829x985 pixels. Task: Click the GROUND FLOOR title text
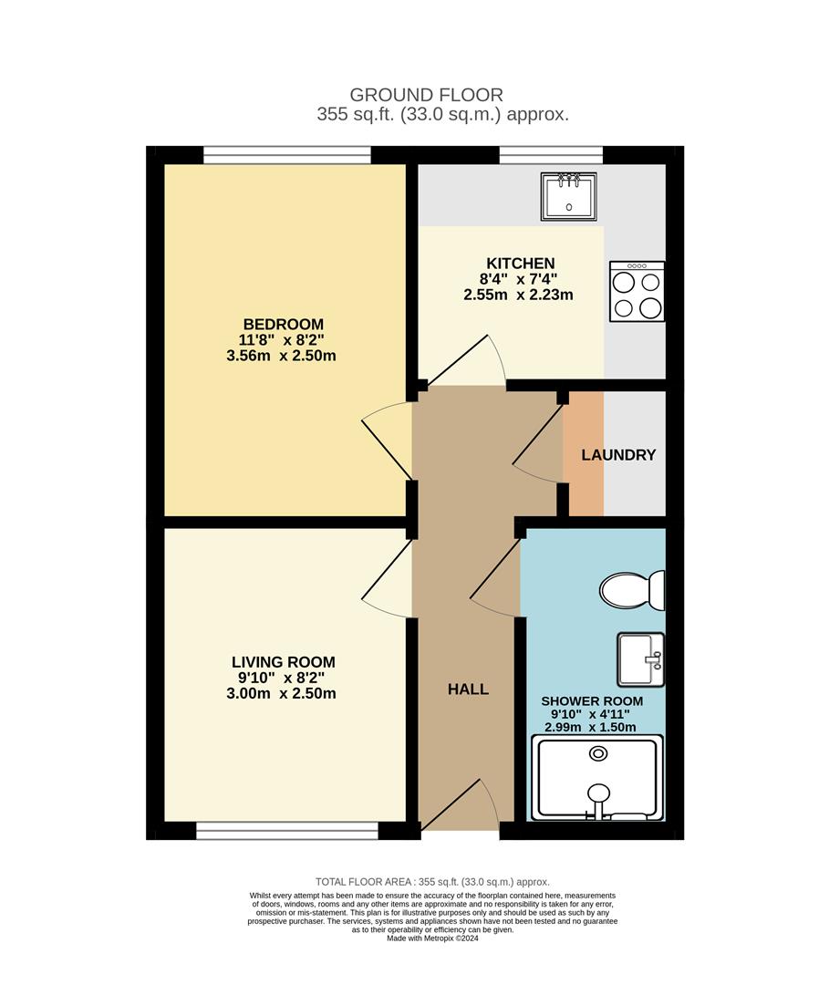426,95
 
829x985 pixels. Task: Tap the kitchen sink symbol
569,195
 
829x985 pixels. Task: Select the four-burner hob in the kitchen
637,291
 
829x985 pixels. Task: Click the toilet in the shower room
636,590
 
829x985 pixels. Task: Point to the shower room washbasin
641,658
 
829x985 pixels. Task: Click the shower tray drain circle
599,753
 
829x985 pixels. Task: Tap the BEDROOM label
283,324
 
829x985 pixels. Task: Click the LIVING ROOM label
283,662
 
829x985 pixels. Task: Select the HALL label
468,689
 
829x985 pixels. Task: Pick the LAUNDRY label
618,454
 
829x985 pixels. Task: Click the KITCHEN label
519,264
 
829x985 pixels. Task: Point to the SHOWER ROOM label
592,701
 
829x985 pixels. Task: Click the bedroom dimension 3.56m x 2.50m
281,356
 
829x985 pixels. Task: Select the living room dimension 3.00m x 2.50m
283,693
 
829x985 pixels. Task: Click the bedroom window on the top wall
286,156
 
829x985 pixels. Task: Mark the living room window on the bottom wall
286,830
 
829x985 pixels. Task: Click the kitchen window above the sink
550,156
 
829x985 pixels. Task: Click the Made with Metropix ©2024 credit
432,938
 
